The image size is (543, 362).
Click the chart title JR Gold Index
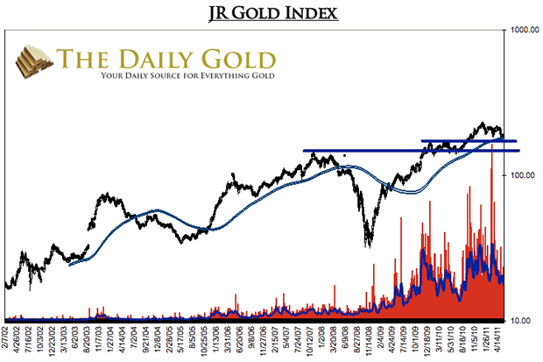272,13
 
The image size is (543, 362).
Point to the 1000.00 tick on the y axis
523,31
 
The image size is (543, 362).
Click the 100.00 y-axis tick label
523,175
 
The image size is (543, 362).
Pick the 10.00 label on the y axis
523,321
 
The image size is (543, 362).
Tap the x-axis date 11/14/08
370,339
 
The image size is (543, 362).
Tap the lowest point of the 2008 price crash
369,245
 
